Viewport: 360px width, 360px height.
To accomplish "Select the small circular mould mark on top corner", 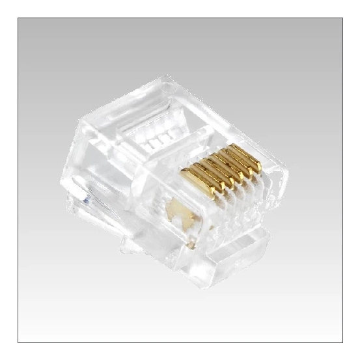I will [162, 85].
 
